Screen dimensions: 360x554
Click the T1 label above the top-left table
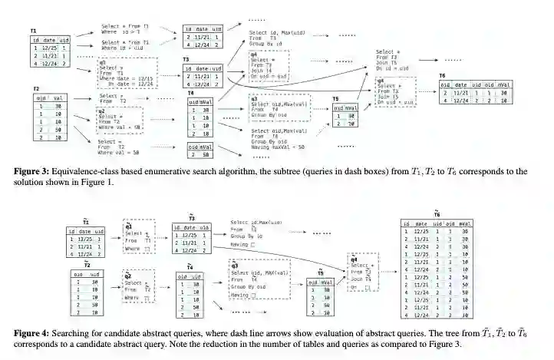34,30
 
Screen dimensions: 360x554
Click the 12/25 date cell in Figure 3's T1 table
50,48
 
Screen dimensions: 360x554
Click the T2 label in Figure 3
35,89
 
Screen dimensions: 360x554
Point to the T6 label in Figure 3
443,76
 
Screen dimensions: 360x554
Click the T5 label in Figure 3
336,99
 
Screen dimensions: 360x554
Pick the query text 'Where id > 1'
123,33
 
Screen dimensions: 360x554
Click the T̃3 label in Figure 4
191,218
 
